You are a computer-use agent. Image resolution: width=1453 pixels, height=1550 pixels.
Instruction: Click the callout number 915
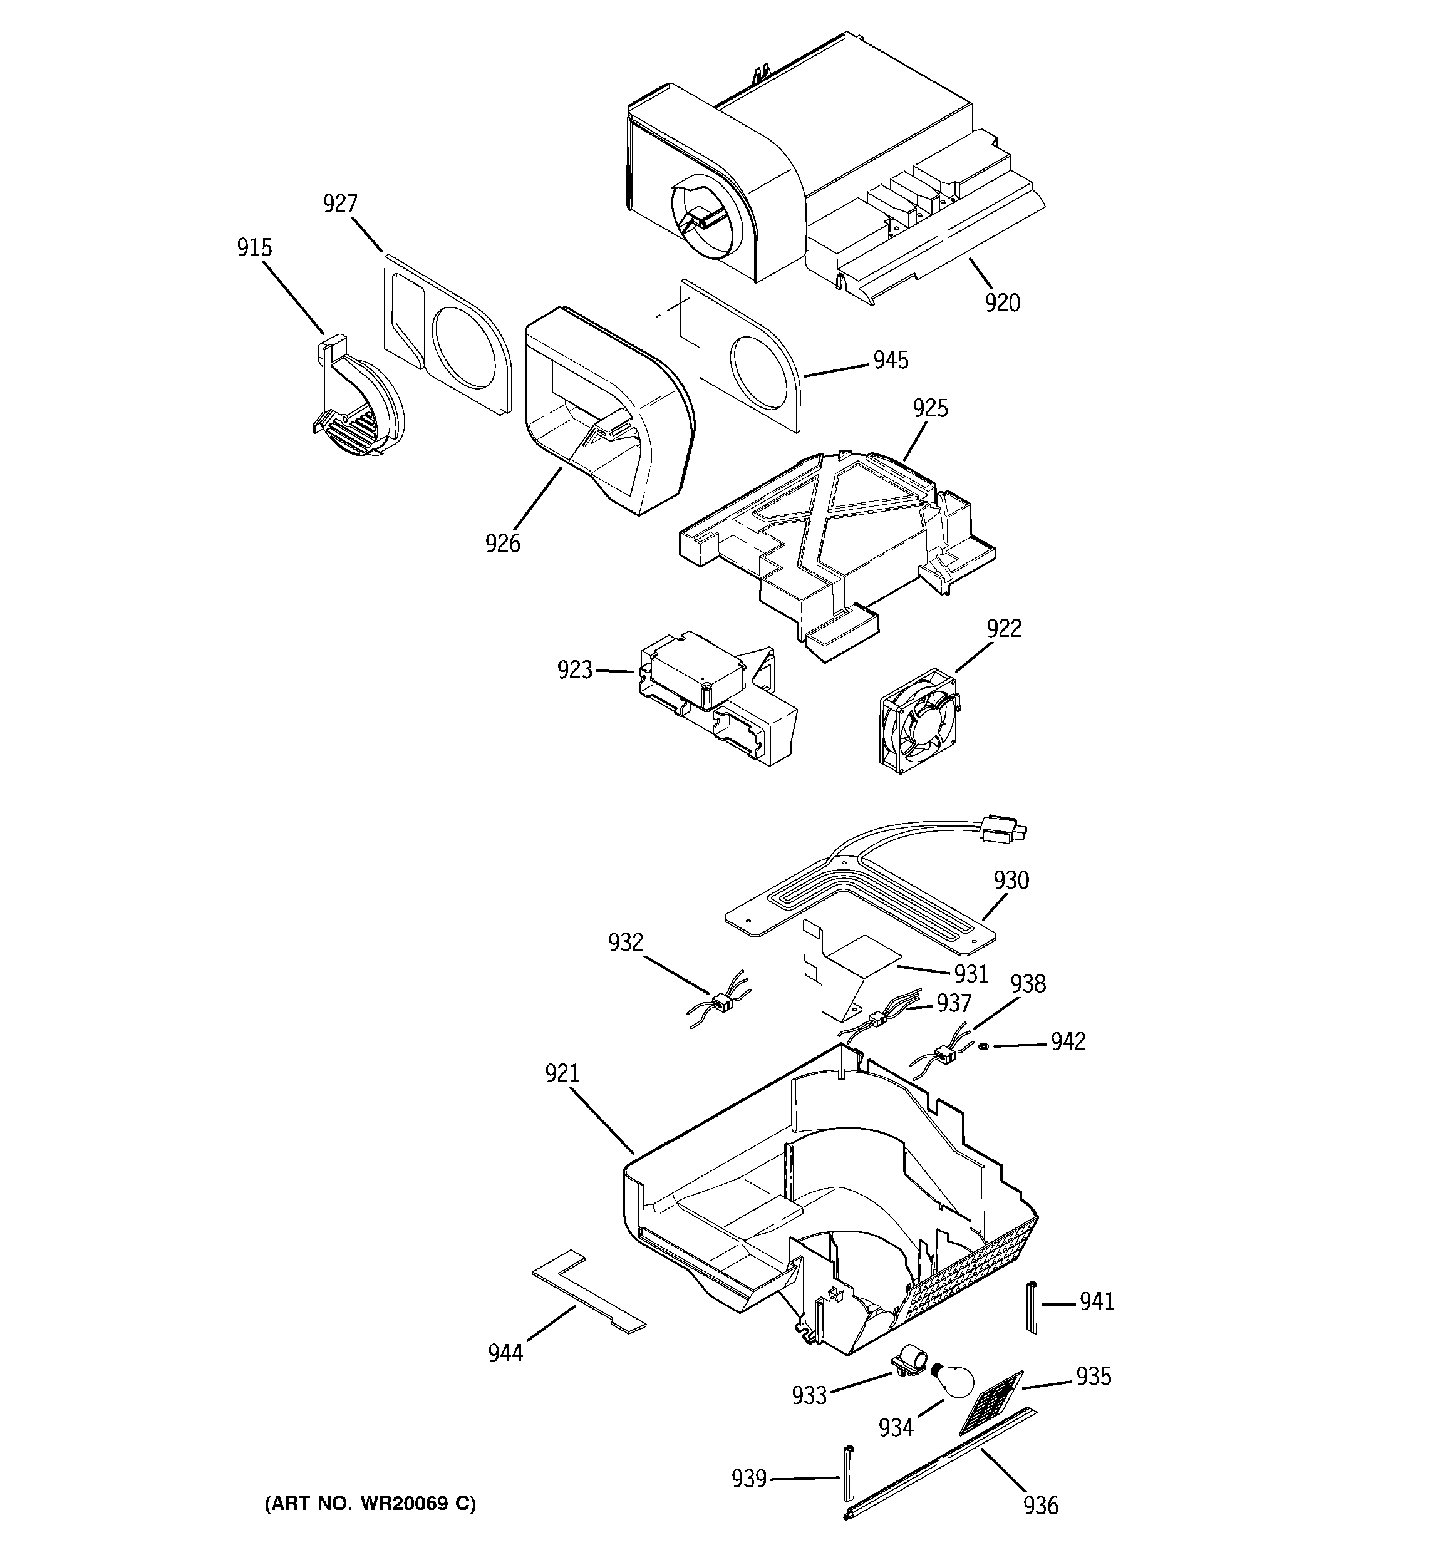[254, 248]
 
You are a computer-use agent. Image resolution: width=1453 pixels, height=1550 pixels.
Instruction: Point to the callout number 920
[1001, 302]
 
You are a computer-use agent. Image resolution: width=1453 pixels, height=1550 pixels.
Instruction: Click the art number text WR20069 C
[370, 1503]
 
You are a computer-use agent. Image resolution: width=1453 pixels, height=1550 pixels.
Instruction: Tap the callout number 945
[891, 359]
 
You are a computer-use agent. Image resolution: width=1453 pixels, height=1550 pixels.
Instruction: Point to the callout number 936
[1041, 1505]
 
